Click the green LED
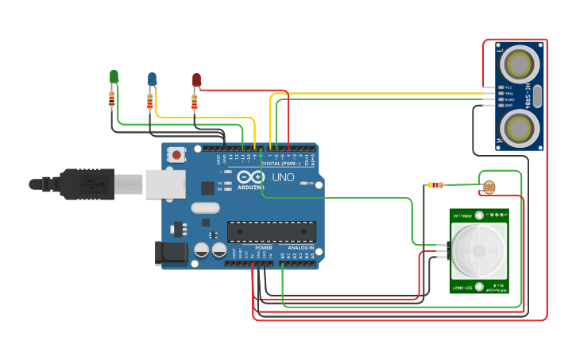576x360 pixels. pos(114,76)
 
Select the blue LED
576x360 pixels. pos(152,78)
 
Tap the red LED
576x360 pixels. pos(196,79)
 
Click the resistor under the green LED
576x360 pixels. pos(112,99)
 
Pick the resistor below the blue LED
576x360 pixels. pos(150,101)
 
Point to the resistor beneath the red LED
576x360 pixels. pos(195,103)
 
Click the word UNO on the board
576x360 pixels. pos(284,176)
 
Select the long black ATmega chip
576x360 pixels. pos(272,230)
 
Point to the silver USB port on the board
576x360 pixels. pos(165,184)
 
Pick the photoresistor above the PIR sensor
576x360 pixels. pos(489,188)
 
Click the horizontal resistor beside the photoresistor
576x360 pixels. pos(435,185)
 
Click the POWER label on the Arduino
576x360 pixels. pos(264,248)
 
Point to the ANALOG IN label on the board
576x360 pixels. pos(300,248)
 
